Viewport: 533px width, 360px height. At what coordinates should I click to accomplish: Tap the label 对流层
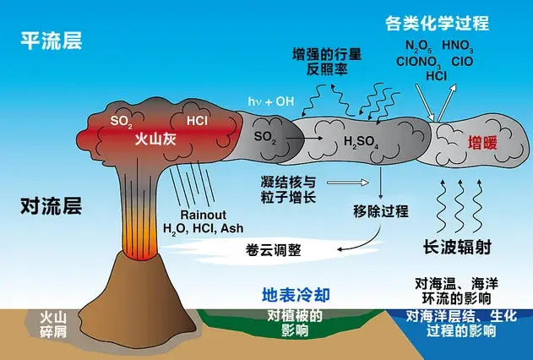(x=50, y=205)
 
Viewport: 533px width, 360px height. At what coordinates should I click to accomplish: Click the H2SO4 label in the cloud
(x=363, y=141)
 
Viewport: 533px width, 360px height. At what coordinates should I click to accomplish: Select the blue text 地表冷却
(x=295, y=296)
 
